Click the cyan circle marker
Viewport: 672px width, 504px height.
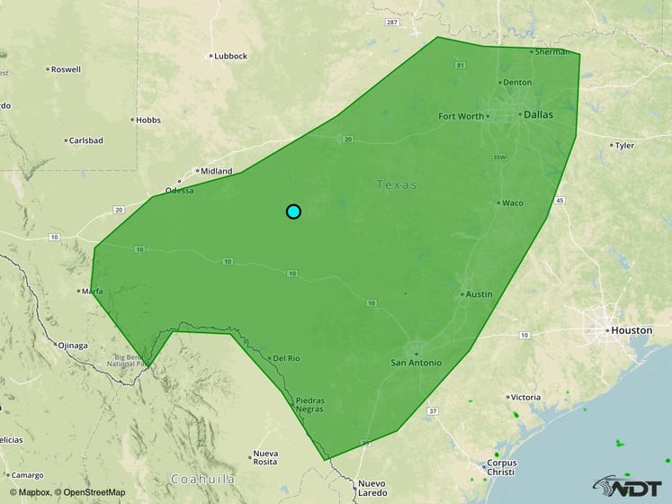click(x=293, y=211)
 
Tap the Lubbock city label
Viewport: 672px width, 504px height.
click(x=230, y=56)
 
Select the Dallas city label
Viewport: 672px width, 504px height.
click(x=538, y=115)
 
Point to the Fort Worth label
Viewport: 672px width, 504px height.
click(x=460, y=116)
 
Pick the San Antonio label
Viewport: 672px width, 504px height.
click(x=416, y=363)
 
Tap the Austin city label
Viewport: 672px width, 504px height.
click(x=478, y=294)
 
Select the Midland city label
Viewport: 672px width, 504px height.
click(x=216, y=171)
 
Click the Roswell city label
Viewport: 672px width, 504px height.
click(x=66, y=69)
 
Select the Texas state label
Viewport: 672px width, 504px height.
click(x=397, y=184)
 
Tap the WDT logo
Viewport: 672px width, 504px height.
click(x=634, y=486)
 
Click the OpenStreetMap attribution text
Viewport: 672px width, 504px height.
click(x=90, y=492)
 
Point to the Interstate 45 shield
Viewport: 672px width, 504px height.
click(x=560, y=200)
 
